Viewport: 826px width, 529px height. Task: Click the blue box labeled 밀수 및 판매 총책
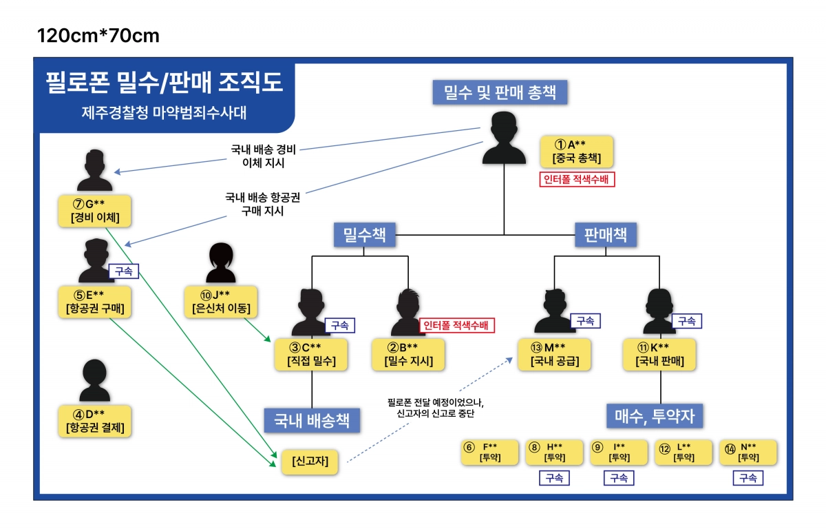[500, 92]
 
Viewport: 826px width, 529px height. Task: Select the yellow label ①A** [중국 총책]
[576, 152]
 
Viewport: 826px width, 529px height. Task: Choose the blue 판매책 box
[605, 235]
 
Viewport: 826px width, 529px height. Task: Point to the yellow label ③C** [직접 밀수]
[311, 353]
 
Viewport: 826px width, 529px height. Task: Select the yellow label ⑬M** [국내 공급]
[554, 353]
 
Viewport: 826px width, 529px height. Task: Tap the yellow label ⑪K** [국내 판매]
[659, 353]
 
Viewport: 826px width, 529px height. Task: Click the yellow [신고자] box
[310, 461]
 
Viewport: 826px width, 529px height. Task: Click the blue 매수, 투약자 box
[659, 416]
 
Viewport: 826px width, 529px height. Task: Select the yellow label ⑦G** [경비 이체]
[95, 211]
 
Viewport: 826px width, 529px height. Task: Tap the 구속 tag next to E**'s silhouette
[124, 271]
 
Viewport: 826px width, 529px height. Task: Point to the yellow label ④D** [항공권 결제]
[96, 421]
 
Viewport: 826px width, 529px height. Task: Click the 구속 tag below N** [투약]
[748, 478]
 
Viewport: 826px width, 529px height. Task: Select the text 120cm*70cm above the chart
[98, 35]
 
